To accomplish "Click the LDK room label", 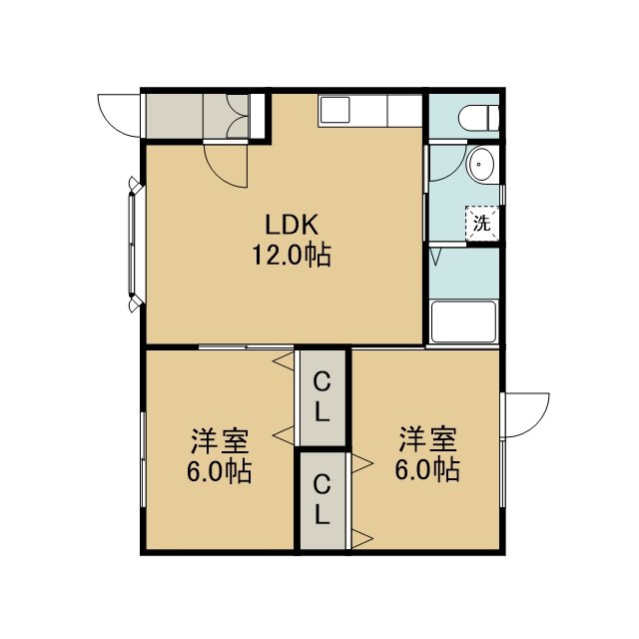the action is (292, 225).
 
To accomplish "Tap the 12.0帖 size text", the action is (292, 256).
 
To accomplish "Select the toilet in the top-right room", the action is (478, 118).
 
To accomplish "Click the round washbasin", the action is (480, 164).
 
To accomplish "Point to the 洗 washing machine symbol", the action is (482, 224).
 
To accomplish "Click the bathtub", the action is (464, 321).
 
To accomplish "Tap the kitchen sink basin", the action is (335, 110).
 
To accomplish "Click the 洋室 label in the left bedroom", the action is (220, 440).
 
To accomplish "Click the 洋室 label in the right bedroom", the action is (428, 439).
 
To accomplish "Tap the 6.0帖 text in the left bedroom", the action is (220, 471).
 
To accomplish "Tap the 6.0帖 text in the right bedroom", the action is (427, 470).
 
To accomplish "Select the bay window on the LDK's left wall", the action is (133, 244).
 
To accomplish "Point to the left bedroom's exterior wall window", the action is (143, 459).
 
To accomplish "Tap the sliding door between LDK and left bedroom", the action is (247, 347).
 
